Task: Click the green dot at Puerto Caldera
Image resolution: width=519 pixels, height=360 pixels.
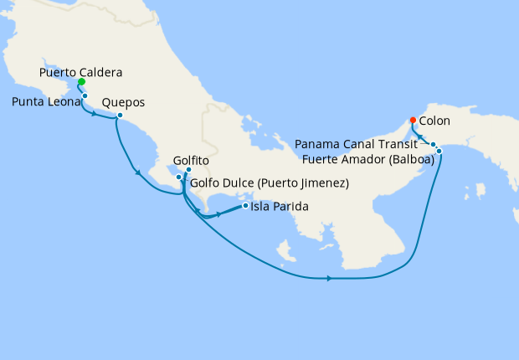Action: (80, 83)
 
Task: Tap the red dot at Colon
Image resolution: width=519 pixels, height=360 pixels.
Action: (414, 119)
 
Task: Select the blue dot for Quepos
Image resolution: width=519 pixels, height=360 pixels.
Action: (120, 116)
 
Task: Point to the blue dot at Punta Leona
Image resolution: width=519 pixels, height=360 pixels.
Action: (85, 97)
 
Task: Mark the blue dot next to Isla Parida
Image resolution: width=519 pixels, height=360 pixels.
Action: (244, 205)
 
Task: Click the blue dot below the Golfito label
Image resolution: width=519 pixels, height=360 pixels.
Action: (188, 170)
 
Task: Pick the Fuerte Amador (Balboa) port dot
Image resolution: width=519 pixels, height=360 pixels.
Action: (439, 151)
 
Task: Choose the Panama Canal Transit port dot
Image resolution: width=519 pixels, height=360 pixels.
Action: (433, 145)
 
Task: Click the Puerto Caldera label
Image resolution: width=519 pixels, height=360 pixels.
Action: (81, 72)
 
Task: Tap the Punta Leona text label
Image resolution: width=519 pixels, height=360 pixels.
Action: (46, 102)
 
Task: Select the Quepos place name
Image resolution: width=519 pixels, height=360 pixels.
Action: (123, 103)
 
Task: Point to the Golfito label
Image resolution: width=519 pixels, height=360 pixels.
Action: (190, 159)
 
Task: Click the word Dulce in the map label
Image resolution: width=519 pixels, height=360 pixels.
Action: (243, 183)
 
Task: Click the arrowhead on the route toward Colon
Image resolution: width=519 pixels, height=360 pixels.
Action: (421, 137)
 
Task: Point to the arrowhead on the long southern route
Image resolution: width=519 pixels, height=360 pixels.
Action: (330, 279)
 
